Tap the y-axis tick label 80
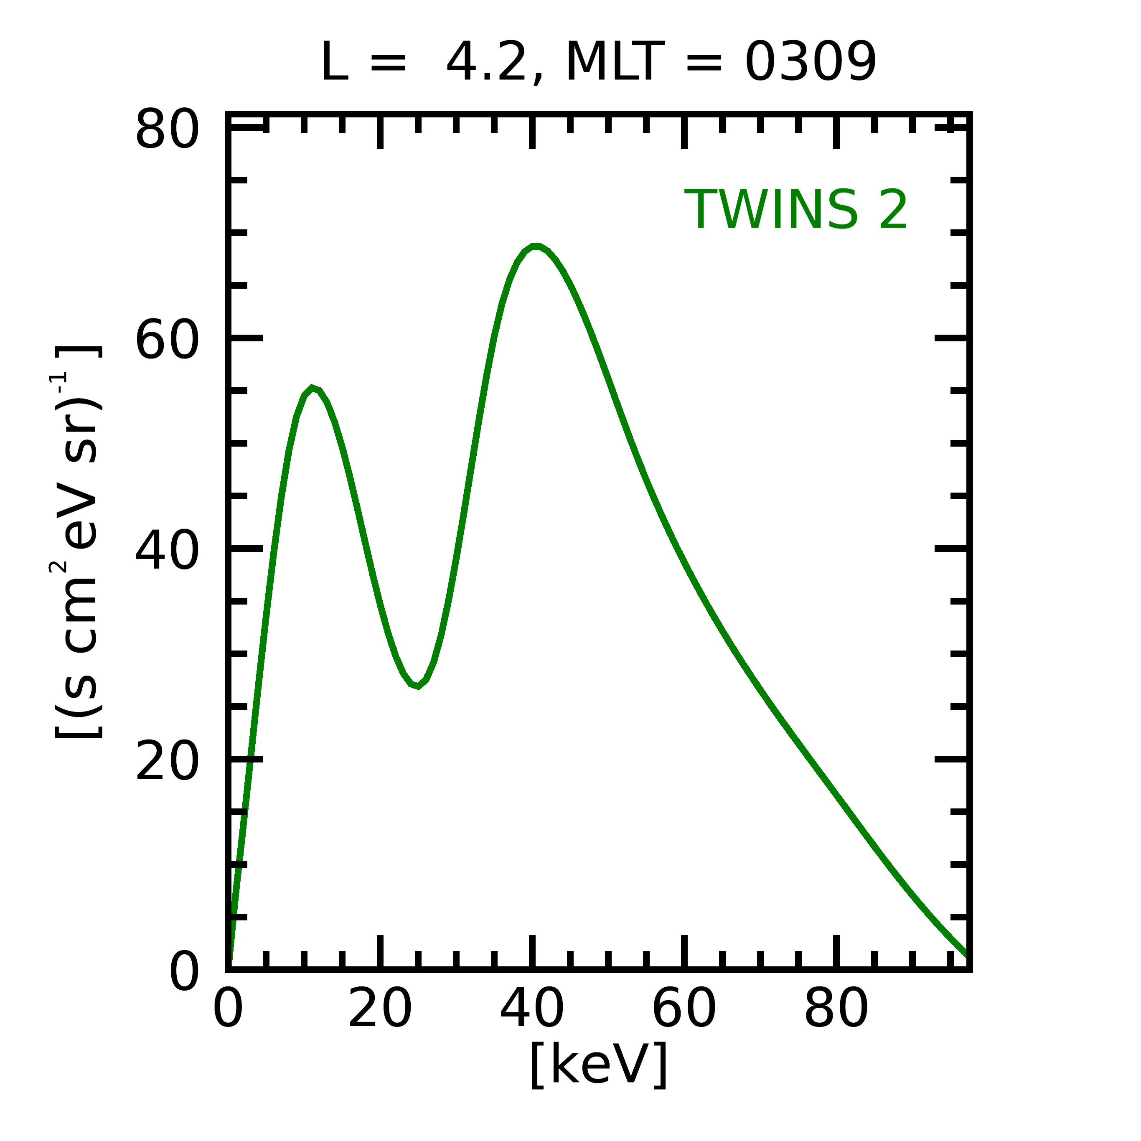(x=167, y=130)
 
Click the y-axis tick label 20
(x=167, y=761)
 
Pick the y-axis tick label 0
(x=184, y=971)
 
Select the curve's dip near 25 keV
(x=417, y=686)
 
